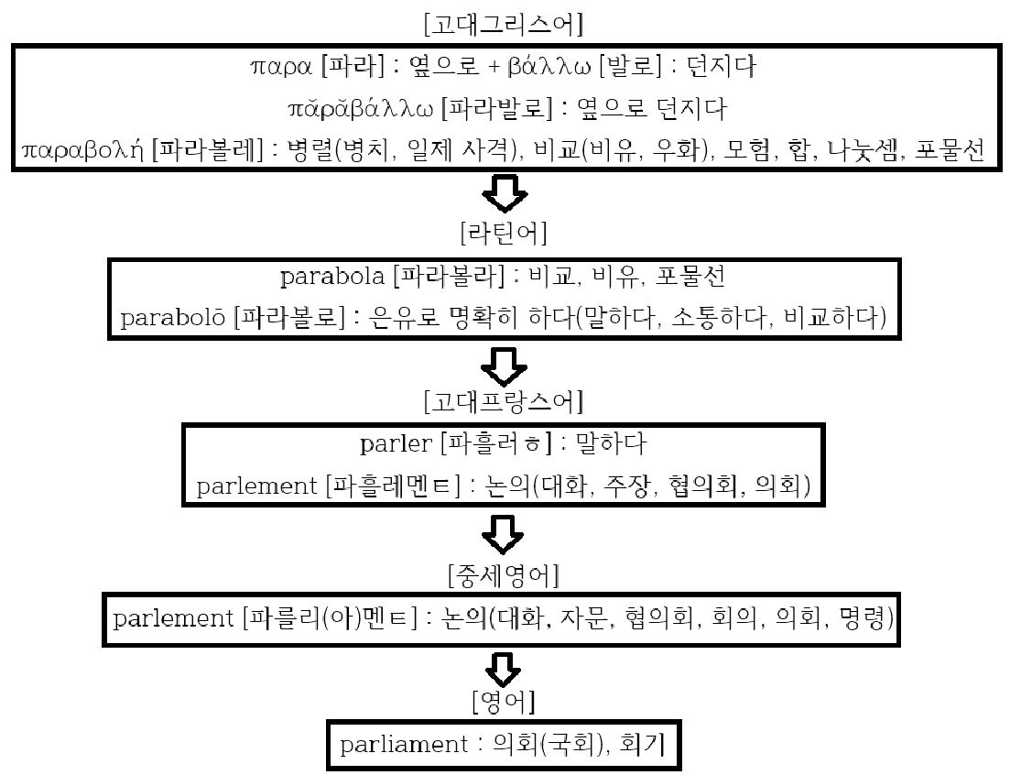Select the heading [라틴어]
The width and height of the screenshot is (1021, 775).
(x=504, y=234)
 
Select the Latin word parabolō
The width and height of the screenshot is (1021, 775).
(x=172, y=317)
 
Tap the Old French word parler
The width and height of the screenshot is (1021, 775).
(x=396, y=445)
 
